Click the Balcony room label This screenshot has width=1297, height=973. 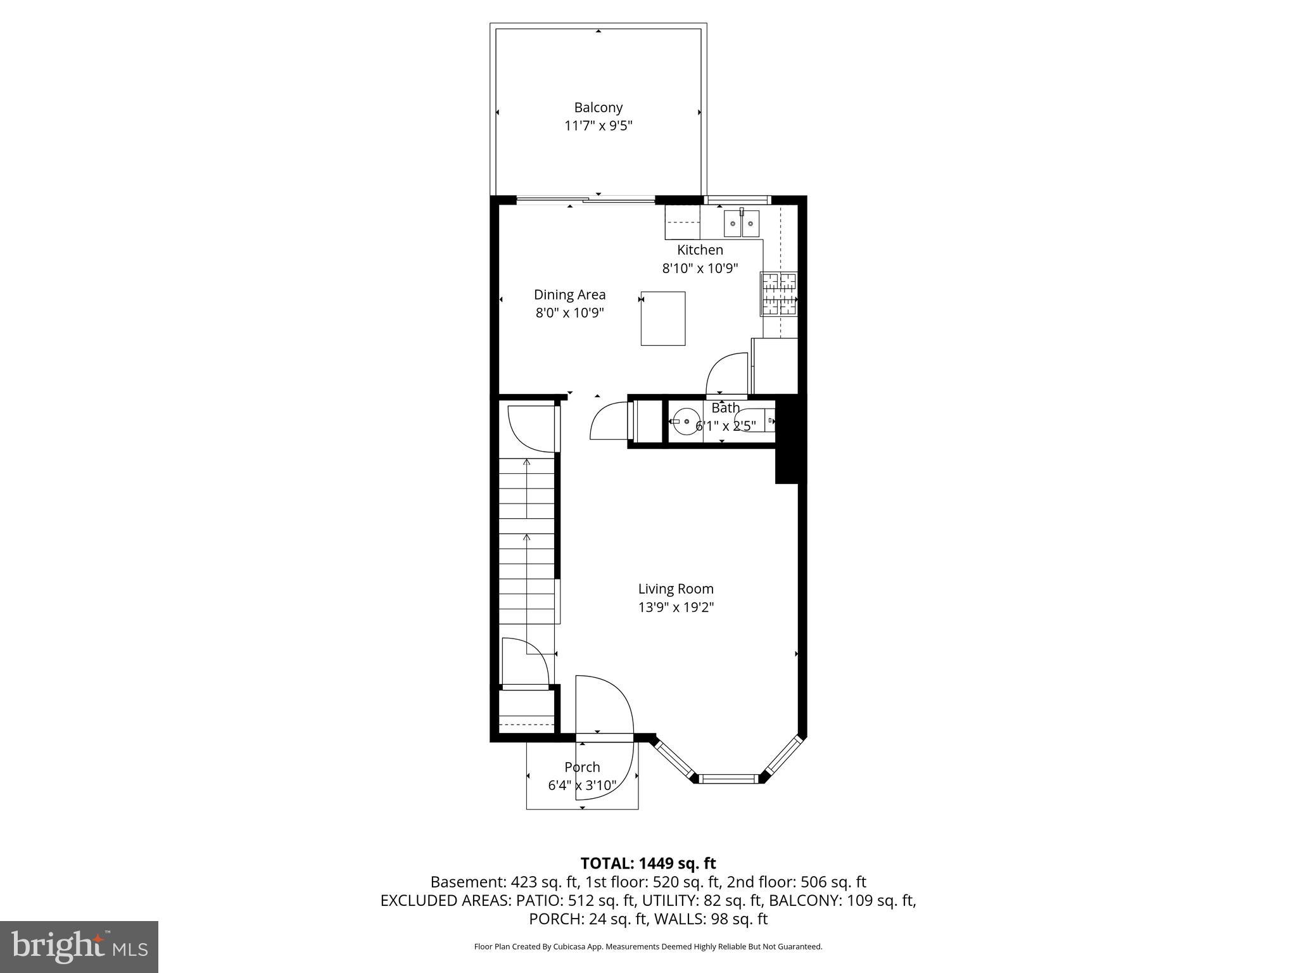pos(598,108)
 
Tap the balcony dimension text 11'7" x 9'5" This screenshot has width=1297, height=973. pos(598,126)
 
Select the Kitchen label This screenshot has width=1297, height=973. pos(700,250)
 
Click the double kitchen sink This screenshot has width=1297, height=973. pos(742,223)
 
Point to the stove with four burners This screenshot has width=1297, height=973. pos(778,294)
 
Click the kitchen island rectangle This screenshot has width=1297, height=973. pos(663,318)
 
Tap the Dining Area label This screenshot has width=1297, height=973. pos(569,295)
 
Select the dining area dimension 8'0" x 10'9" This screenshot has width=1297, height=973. pos(569,313)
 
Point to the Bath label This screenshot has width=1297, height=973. pos(724,408)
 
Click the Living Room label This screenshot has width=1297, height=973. pos(676,589)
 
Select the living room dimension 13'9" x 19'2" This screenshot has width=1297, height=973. pos(676,607)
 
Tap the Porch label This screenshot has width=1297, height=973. pos(582,767)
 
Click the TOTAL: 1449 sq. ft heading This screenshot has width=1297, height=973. pos(648,863)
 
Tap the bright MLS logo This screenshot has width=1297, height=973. pos(79,946)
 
